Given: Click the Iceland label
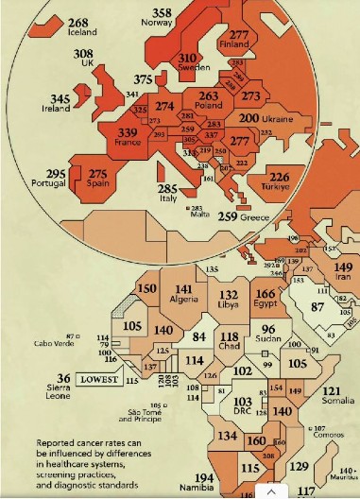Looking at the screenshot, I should pyautogui.click(x=83, y=32).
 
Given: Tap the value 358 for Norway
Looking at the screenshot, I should pyautogui.click(x=162, y=13).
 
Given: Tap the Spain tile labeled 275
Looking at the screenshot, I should pyautogui.click(x=98, y=175).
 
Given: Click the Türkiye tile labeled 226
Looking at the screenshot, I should pyautogui.click(x=280, y=177).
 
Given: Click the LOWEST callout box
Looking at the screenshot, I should pyautogui.click(x=99, y=379).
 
